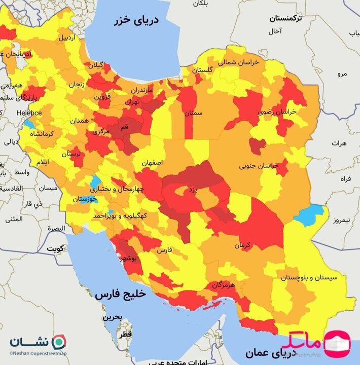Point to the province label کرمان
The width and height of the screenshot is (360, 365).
[x=242, y=245]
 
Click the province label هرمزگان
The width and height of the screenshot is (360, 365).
[x=224, y=285]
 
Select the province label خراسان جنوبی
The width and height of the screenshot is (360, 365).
[x=259, y=166]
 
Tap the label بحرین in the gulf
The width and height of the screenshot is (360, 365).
[x=113, y=317]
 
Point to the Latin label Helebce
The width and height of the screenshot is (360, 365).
[x=28, y=113]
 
